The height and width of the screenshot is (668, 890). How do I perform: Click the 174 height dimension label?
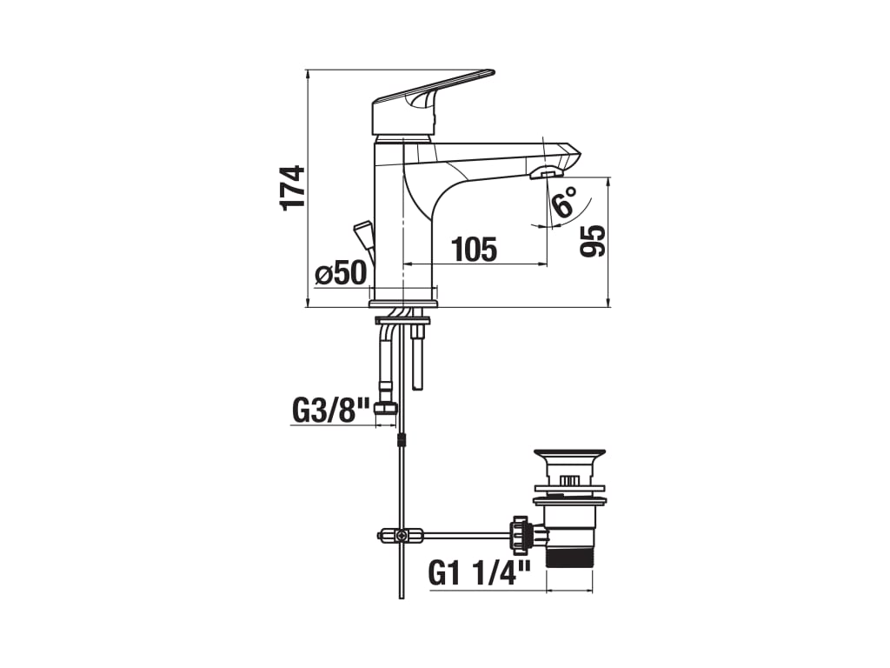[293, 188]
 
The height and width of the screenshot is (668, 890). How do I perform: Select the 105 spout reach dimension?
[474, 250]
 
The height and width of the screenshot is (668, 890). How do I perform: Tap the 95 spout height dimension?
[593, 241]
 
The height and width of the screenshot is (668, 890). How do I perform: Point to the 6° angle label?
[564, 203]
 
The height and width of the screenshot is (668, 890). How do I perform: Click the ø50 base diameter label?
[341, 273]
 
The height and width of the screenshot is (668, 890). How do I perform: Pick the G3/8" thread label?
[331, 411]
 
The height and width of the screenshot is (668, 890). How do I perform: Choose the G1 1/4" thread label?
[480, 572]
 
